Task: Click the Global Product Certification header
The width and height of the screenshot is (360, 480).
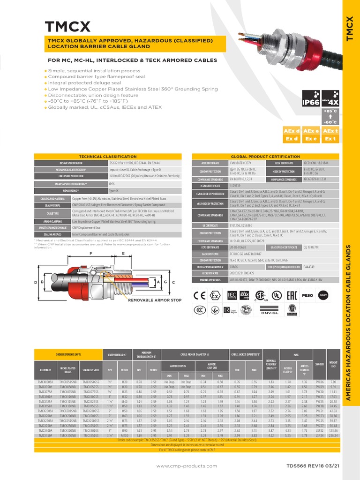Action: [x=266, y=156]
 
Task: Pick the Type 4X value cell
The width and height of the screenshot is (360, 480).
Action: [x=114, y=191]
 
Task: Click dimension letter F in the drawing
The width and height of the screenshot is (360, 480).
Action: [x=86, y=253]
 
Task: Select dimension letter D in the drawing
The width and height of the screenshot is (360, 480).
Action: [x=36, y=282]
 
